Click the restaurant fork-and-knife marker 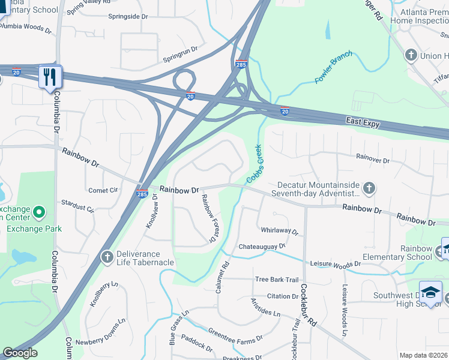[49, 77]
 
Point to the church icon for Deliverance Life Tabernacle [107, 257]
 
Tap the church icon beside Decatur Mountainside [369, 188]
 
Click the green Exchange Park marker [39, 212]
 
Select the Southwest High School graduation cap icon [430, 292]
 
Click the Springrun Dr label [181, 60]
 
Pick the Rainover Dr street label [373, 161]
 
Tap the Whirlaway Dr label [280, 230]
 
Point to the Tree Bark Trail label [276, 280]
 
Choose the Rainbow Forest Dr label [208, 218]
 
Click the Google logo [20, 353]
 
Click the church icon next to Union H [411, 56]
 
